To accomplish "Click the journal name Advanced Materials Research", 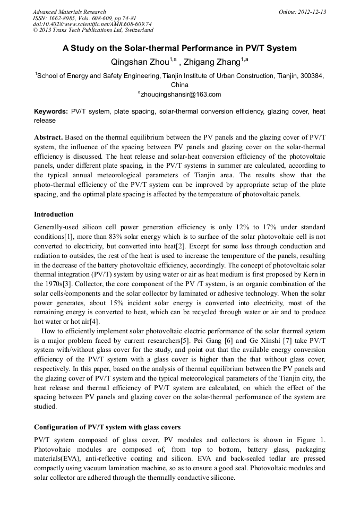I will pyautogui.click(x=69, y=12).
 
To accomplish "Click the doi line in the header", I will pyautogui.click(x=92, y=24).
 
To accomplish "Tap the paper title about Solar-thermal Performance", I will pyautogui.click(x=179, y=48).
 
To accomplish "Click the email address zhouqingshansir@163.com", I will pyautogui.click(x=181, y=94).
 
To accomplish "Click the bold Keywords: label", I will pyautogui.click(x=51, y=111).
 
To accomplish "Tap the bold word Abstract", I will pyautogui.click(x=50, y=137).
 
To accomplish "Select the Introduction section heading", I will pyautogui.click(x=54, y=214).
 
